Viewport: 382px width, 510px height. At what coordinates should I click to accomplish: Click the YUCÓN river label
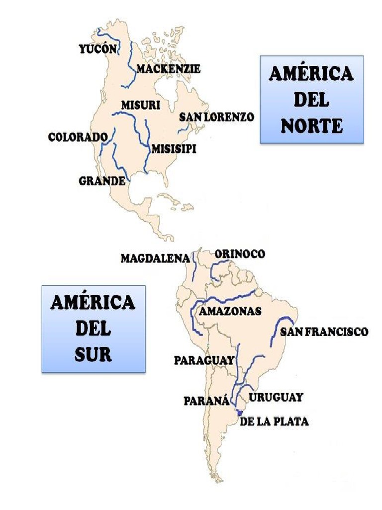97,49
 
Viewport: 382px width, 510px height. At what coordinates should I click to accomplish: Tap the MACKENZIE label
168,69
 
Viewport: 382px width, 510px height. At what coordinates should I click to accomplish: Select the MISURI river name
140,105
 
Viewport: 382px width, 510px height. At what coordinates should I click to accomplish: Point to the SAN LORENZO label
216,117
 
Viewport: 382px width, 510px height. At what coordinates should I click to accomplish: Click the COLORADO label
78,137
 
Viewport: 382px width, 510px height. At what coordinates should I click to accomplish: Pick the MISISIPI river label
174,148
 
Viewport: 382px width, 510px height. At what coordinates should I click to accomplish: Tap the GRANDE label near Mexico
102,181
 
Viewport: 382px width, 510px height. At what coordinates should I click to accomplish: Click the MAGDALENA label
155,258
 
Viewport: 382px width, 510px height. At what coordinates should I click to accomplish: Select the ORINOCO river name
240,254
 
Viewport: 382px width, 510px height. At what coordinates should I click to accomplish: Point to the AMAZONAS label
230,311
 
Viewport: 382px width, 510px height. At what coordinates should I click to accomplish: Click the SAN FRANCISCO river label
324,332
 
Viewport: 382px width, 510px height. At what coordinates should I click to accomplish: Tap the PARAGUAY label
204,360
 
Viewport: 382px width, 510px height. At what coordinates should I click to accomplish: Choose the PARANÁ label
206,400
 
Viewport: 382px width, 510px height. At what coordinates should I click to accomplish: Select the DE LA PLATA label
274,421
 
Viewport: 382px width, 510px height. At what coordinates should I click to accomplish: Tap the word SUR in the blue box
93,354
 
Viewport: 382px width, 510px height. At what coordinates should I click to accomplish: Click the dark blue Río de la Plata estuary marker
239,412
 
